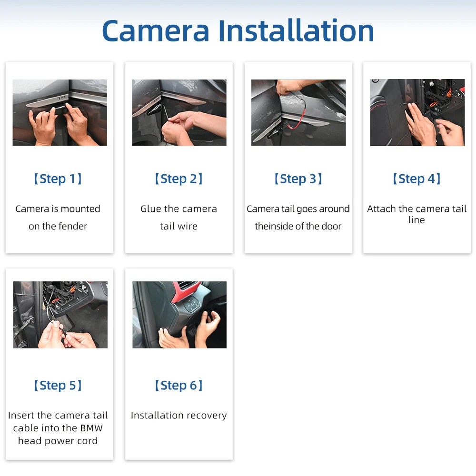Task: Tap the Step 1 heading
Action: [x=58, y=179]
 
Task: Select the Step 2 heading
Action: [x=178, y=179]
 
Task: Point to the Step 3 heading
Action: [x=298, y=179]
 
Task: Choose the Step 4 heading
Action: [x=416, y=179]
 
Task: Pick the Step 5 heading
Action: [x=58, y=386]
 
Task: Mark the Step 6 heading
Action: [x=178, y=386]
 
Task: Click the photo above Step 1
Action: [x=59, y=112]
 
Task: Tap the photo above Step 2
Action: [x=179, y=112]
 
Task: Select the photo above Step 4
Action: [x=417, y=112]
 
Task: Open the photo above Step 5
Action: [x=60, y=315]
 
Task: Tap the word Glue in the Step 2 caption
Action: [x=151, y=209]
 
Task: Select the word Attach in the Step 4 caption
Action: [x=382, y=209]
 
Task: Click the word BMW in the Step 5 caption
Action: [x=92, y=428]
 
